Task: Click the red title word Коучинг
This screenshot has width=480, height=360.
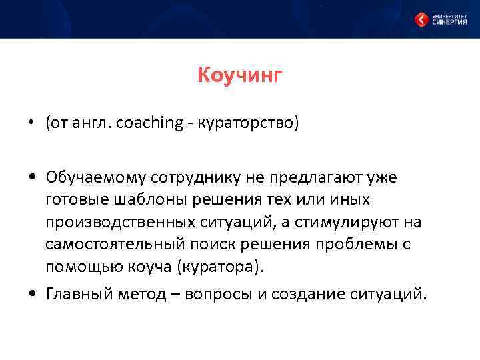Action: click(240, 75)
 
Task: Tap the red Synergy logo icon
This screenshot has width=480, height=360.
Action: click(421, 19)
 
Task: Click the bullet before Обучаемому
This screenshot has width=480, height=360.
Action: click(31, 177)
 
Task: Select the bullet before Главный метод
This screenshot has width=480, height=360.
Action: click(31, 293)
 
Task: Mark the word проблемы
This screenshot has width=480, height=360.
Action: click(359, 245)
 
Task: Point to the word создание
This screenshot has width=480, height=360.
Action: click(316, 293)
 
